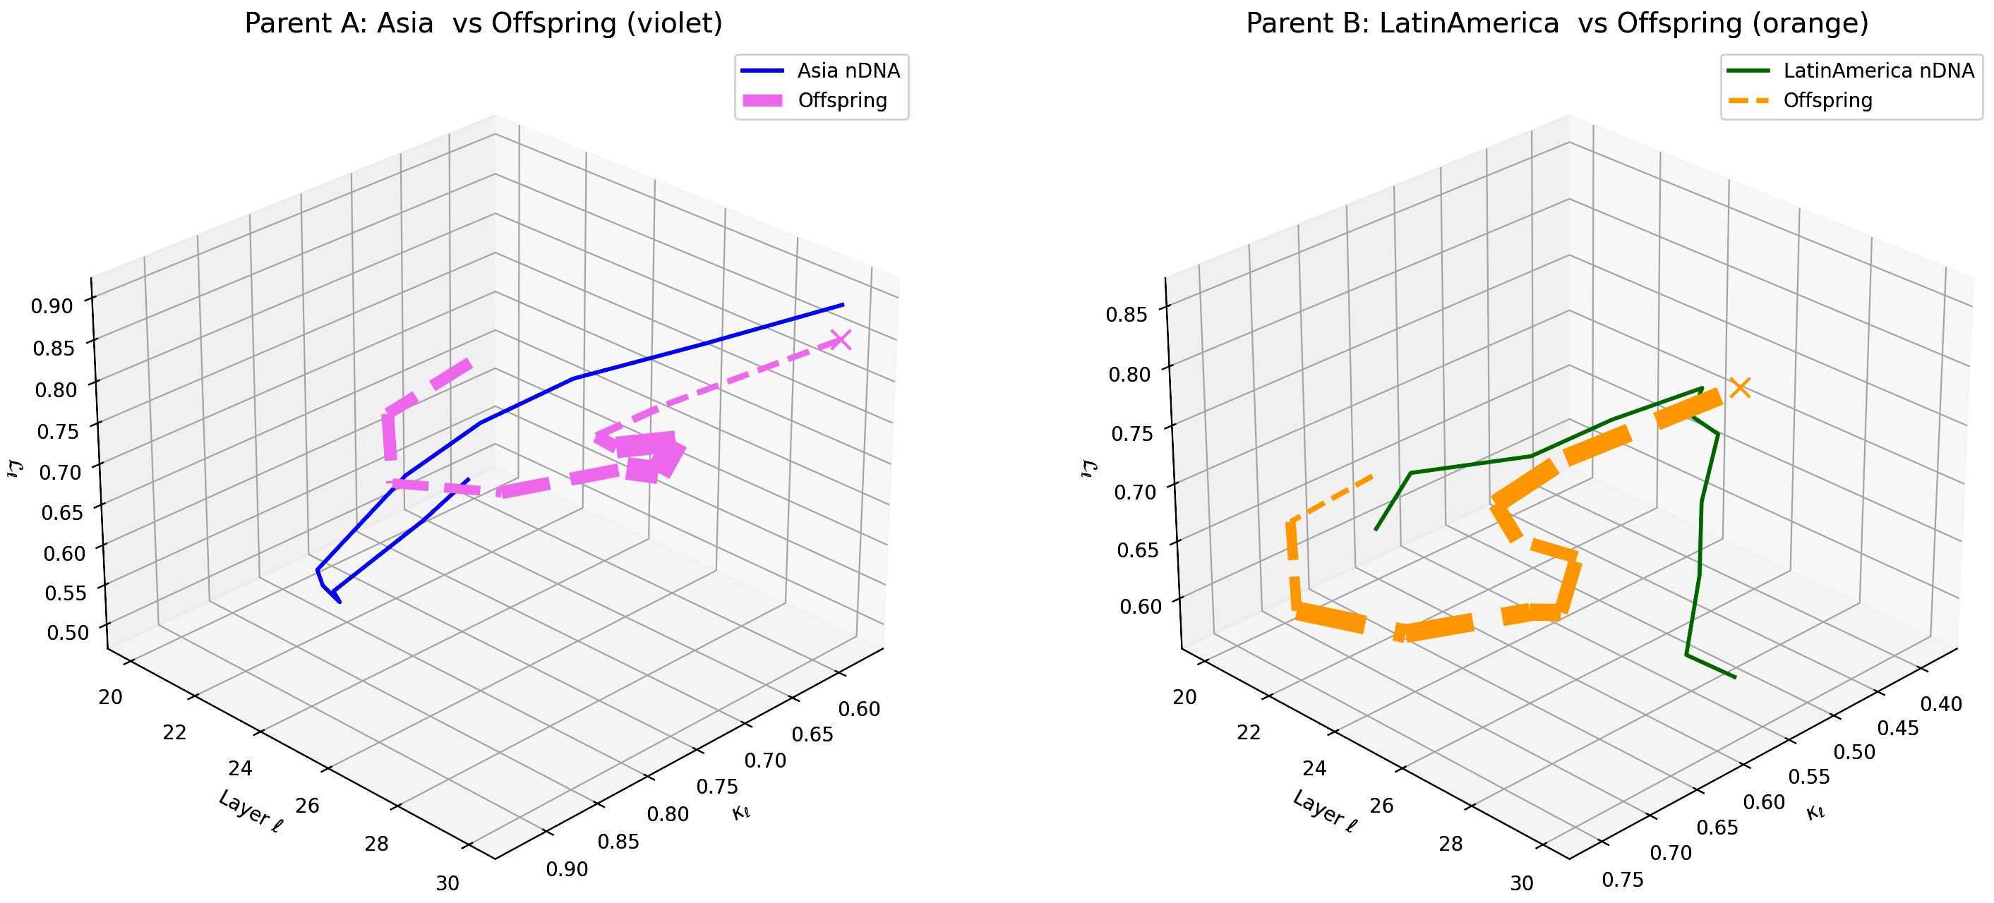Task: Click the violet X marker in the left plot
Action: coord(841,340)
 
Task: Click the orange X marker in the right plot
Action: coord(1740,388)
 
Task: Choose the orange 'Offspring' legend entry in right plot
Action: coord(1827,101)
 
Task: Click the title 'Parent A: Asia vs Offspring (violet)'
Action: coord(483,23)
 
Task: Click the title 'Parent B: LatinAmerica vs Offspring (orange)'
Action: coord(1556,23)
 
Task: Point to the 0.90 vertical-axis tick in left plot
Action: coord(52,305)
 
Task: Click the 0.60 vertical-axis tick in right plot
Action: coord(1141,606)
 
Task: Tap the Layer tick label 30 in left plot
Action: coord(448,883)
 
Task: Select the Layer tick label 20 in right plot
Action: coord(1184,697)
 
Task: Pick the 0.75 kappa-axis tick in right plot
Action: coord(1623,880)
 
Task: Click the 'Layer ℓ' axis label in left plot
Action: coord(251,811)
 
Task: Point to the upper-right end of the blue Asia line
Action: coord(843,305)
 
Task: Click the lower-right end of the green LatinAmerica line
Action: coord(1736,678)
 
